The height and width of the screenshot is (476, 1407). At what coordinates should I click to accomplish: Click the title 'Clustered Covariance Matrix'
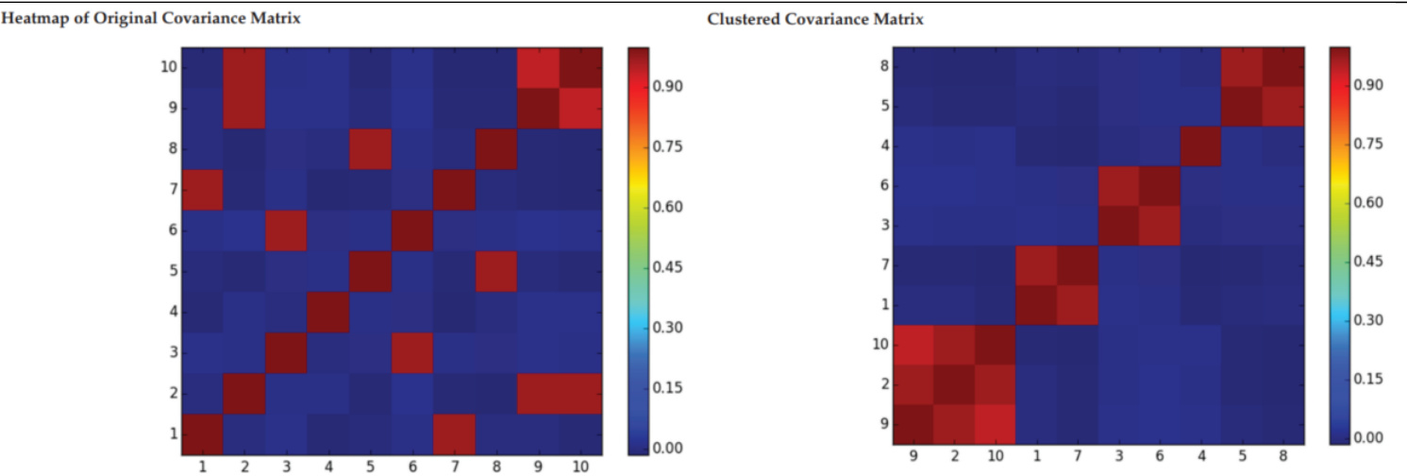pos(815,19)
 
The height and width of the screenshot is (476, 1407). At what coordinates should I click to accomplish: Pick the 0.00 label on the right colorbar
pos(1369,437)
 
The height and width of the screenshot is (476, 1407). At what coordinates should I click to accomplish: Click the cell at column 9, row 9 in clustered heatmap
pos(913,424)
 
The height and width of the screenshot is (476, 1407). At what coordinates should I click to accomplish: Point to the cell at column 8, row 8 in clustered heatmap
pos(1283,66)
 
